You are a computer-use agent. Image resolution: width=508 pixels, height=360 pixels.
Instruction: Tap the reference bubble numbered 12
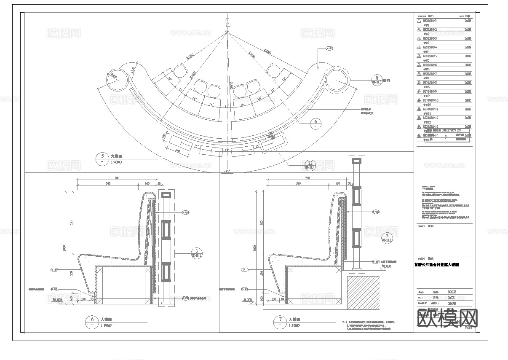(310, 165)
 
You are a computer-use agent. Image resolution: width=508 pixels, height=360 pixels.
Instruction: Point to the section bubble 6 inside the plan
(316, 124)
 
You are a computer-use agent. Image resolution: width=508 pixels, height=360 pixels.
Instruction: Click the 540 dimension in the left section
(107, 184)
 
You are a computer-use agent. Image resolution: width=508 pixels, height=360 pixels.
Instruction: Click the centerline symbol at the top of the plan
(227, 21)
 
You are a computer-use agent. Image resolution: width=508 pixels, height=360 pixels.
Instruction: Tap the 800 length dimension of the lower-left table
(178, 151)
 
